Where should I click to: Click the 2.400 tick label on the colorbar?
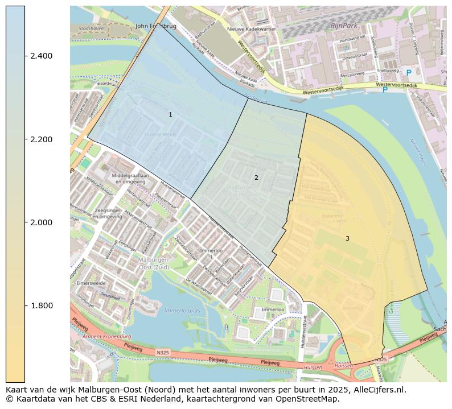pyautogui.click(x=41, y=56)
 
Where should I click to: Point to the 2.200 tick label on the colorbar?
pyautogui.click(x=41, y=139)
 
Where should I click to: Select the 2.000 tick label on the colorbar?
pyautogui.click(x=41, y=222)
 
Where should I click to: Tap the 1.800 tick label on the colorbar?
pyautogui.click(x=41, y=306)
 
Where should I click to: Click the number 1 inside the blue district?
pyautogui.click(x=170, y=115)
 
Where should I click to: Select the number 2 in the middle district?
pyautogui.click(x=256, y=177)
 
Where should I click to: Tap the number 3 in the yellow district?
pyautogui.click(x=347, y=238)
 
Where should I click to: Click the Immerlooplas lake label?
pyautogui.click(x=182, y=311)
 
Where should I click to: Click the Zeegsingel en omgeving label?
pyautogui.click(x=107, y=213)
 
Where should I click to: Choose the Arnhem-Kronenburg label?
pyautogui.click(x=106, y=337)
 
